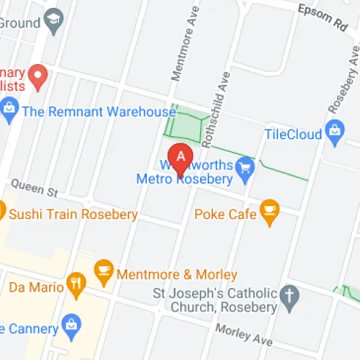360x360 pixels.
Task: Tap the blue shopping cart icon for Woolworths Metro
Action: [246, 166]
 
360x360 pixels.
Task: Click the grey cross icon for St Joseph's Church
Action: [289, 295]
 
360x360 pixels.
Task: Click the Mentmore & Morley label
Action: [176, 275]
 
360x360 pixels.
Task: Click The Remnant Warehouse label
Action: [99, 112]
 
